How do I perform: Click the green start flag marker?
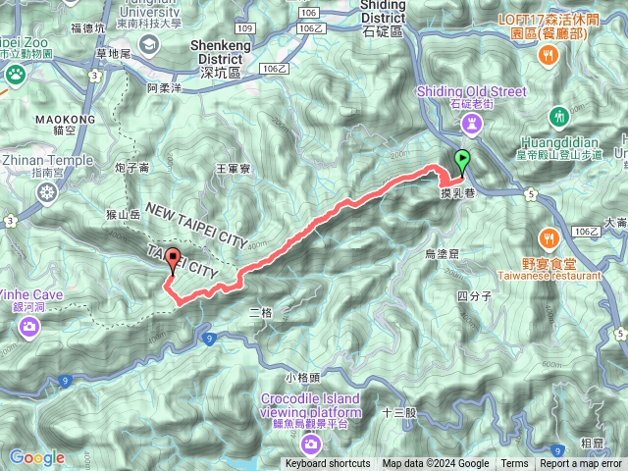point(462,160)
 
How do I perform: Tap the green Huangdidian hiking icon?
point(559,116)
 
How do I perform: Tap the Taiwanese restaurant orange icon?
point(549,236)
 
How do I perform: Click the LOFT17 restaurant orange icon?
point(549,58)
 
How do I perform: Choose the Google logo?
point(36,457)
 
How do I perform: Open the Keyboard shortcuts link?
point(328,464)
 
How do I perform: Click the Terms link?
point(514,464)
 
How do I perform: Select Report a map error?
point(581,464)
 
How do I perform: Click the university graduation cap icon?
point(149,43)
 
